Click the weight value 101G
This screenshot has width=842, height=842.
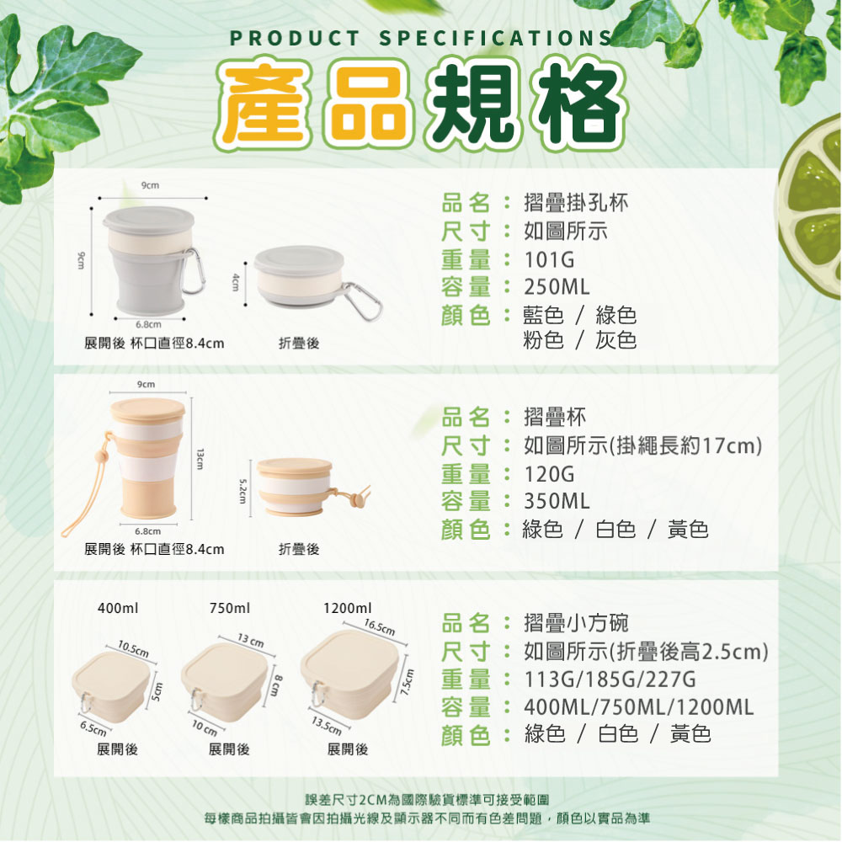pos(549,260)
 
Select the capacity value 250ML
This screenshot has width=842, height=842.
pos(557,287)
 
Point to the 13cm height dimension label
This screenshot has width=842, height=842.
pos(200,459)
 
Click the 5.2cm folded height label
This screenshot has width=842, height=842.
pos(242,491)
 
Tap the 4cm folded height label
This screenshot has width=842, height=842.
pos(235,282)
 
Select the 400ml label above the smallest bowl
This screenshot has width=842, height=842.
pos(118,608)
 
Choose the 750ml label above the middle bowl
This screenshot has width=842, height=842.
pos(230,608)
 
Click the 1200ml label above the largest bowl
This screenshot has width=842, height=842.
pos(348,608)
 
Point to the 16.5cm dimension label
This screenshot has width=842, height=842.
pos(380,627)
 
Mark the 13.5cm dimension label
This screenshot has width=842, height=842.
pos(327,726)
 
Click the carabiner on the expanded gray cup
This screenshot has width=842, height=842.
pos(194,271)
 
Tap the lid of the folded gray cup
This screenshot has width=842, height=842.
pos(299,260)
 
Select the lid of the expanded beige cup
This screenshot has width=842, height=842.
pos(147,410)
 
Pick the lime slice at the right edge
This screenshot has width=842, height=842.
pos(812,207)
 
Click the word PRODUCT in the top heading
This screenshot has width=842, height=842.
pos(295,38)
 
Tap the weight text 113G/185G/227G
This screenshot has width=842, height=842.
pos(610,679)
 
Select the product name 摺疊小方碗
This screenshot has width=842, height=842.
pos(576,623)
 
